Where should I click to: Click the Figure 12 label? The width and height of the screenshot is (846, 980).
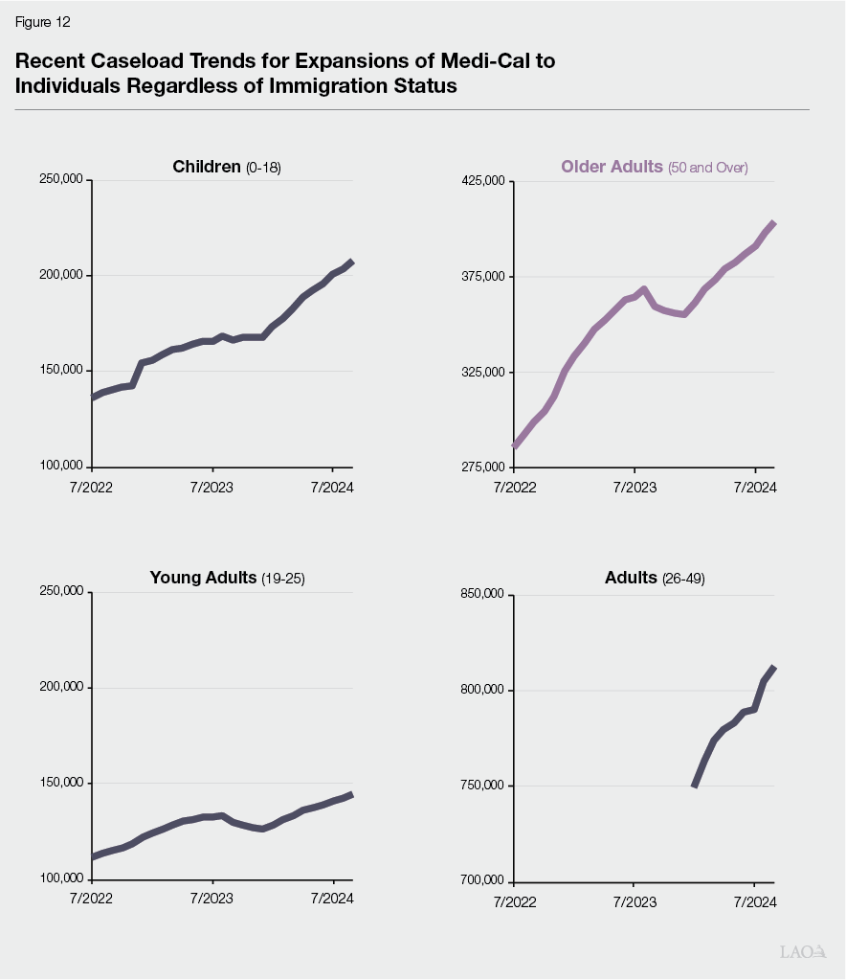click(x=42, y=22)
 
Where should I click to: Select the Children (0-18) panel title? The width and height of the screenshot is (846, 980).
click(x=227, y=167)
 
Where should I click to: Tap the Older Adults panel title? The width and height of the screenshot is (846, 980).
click(x=654, y=167)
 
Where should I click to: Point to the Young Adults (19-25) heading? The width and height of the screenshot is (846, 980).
click(x=227, y=578)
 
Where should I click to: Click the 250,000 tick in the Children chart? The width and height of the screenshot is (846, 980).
click(x=62, y=180)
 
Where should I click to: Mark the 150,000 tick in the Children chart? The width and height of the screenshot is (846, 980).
click(x=62, y=371)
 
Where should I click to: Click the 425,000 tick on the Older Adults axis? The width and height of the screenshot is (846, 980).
click(x=485, y=181)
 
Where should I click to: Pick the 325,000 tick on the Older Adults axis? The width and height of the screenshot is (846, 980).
click(x=485, y=372)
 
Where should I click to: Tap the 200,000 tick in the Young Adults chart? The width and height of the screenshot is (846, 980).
click(x=62, y=688)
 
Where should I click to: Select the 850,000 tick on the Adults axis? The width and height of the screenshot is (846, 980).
click(x=485, y=595)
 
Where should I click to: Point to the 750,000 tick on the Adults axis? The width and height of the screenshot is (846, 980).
click(x=485, y=786)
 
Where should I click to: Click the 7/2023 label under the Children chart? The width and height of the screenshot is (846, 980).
click(x=211, y=487)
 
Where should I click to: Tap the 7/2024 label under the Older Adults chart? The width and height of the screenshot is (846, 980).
click(x=755, y=487)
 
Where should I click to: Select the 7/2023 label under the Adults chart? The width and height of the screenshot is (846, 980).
click(x=634, y=900)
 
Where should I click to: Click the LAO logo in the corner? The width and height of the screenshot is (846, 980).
click(x=802, y=951)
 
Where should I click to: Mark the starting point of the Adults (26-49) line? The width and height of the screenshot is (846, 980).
click(x=694, y=786)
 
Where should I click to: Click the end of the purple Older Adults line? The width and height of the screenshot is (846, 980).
click(x=773, y=223)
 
